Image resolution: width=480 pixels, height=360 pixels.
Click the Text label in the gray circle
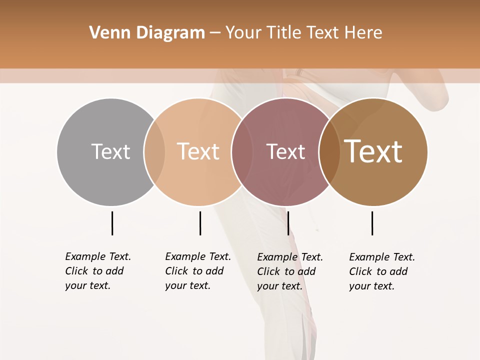(110, 151)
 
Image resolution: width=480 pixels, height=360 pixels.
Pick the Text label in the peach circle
(198, 151)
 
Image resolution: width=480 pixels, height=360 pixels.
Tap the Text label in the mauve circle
(285, 151)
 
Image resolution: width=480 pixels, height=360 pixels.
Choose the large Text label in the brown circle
(373, 151)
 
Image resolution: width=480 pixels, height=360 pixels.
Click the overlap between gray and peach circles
(154, 152)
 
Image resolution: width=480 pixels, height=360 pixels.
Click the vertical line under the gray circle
(112, 223)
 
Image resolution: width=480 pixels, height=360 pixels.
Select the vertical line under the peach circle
(200, 223)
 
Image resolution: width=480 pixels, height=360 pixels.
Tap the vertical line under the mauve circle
(288, 223)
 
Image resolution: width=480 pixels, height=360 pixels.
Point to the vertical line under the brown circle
(372, 223)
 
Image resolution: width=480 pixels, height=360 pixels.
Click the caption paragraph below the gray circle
(98, 271)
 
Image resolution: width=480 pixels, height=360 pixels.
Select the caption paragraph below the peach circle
(198, 271)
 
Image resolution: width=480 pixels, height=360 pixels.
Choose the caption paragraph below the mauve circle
(290, 271)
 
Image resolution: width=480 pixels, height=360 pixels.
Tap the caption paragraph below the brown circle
(382, 271)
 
